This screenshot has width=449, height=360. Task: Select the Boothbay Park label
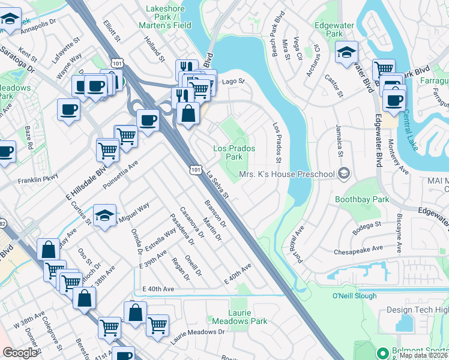(361, 199)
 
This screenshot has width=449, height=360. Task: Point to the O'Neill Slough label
(354, 296)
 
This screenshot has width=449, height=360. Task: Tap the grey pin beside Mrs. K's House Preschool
(344, 174)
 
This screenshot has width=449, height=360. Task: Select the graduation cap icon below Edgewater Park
(346, 52)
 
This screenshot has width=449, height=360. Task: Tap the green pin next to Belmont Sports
(381, 352)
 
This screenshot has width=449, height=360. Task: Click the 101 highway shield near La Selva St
(194, 172)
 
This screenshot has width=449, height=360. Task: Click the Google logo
(20, 353)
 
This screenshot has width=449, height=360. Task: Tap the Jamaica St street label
(340, 145)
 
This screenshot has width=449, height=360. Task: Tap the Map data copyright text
(423, 355)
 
